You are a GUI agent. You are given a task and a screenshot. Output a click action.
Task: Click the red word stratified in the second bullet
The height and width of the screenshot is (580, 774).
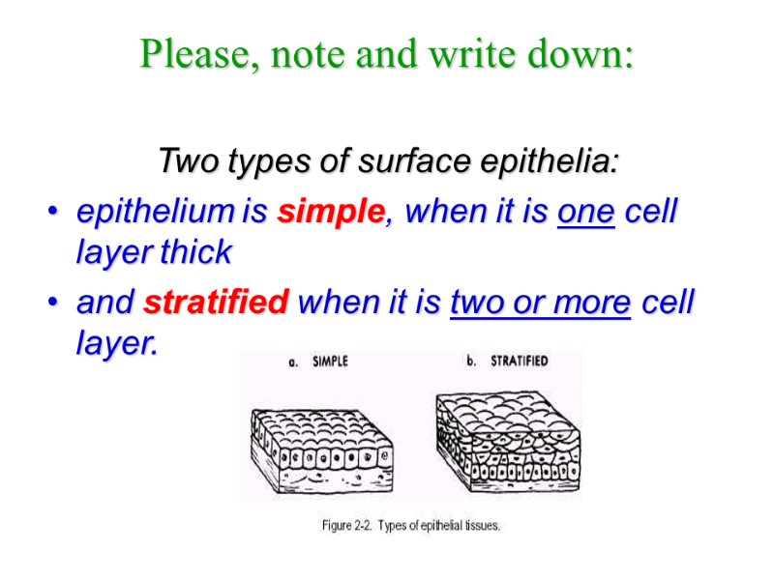216,304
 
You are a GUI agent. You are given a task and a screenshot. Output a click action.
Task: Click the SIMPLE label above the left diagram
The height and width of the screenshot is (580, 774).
330,362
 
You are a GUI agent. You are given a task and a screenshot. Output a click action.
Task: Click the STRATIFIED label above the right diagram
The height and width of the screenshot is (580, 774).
519,362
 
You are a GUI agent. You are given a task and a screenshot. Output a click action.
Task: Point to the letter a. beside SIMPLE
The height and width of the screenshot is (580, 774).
294,362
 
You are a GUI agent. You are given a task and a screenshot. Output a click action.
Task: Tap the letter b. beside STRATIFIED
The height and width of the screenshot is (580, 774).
472,362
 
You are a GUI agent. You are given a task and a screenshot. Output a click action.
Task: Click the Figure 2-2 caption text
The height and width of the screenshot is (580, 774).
410,527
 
